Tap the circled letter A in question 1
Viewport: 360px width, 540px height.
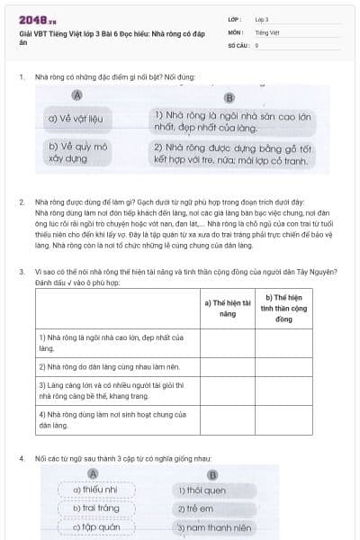pyautogui.click(x=77, y=95)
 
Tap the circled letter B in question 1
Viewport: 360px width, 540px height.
pyautogui.click(x=229, y=97)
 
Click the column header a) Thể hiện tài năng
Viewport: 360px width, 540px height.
pyautogui.click(x=227, y=308)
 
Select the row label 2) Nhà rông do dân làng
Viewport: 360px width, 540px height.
pyautogui.click(x=117, y=367)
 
